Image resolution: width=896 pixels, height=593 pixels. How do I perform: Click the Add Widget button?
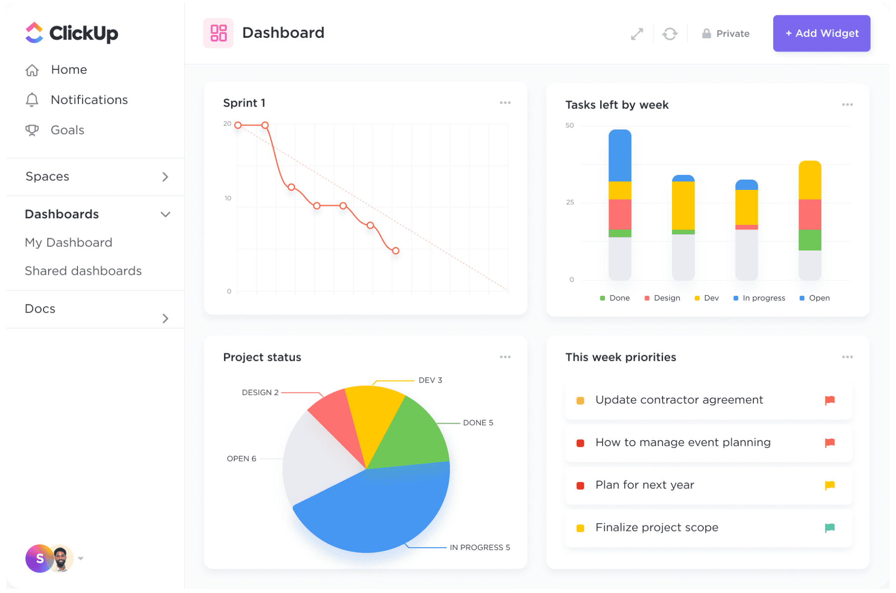[x=821, y=33]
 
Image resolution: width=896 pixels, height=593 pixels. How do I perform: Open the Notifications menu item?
[x=89, y=100]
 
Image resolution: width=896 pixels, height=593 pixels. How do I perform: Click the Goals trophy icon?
[x=32, y=130]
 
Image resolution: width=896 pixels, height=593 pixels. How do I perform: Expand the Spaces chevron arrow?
[x=165, y=177]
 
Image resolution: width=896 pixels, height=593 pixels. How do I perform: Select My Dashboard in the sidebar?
[x=69, y=243]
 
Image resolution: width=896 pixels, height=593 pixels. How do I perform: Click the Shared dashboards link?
[x=83, y=271]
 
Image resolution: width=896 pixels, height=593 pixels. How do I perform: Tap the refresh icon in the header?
[x=670, y=34]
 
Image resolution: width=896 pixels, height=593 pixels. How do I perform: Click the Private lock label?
[x=726, y=34]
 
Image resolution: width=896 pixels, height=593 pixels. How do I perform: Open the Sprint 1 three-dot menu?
[x=505, y=103]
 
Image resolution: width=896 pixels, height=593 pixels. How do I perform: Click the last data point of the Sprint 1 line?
[x=395, y=251]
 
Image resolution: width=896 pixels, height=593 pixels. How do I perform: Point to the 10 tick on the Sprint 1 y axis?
[x=228, y=198]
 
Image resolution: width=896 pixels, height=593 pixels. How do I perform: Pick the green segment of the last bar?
[x=810, y=240]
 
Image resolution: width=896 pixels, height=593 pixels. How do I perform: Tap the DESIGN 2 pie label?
[x=260, y=392]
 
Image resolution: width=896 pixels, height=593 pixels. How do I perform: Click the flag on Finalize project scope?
[x=829, y=528]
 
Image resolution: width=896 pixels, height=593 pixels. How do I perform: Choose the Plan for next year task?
[x=644, y=485]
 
